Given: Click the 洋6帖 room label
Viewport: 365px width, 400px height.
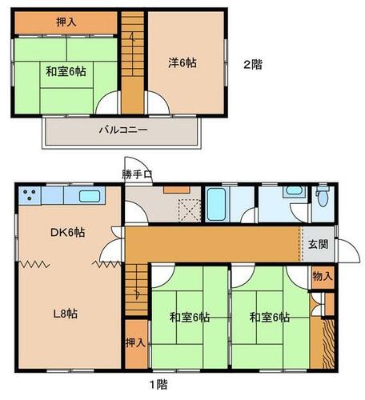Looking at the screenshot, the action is click(x=182, y=63).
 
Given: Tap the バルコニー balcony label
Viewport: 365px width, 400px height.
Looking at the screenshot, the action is click(x=123, y=130).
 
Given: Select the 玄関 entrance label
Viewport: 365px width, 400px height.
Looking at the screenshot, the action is click(x=319, y=244).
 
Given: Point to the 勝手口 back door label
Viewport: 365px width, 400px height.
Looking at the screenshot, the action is click(x=137, y=174).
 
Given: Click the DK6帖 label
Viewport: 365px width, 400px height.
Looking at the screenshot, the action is click(x=68, y=232).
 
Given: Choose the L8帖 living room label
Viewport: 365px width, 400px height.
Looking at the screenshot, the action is click(x=66, y=314).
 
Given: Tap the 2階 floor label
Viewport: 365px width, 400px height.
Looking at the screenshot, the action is click(x=253, y=65).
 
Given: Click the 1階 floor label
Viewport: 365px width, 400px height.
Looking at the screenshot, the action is click(x=158, y=384).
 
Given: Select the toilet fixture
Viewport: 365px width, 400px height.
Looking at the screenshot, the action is click(x=323, y=197).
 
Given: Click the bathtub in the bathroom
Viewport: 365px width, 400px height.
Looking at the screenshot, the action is click(x=216, y=204).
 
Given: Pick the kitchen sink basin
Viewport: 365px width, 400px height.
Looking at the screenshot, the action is click(x=90, y=197).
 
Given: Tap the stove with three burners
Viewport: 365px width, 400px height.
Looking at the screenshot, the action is click(x=30, y=195).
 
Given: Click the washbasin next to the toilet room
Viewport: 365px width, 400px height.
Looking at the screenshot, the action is click(x=294, y=191).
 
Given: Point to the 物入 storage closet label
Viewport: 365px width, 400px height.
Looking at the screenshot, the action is click(x=323, y=277).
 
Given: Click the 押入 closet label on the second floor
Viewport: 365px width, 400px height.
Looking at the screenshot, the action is click(x=66, y=22).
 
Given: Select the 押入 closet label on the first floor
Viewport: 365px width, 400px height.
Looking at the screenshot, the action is click(x=136, y=343).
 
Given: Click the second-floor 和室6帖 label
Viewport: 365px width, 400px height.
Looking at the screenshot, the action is click(x=66, y=71).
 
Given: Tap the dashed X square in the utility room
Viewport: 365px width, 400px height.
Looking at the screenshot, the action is click(x=190, y=210).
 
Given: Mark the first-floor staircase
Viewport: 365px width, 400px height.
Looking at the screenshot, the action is click(x=136, y=290).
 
